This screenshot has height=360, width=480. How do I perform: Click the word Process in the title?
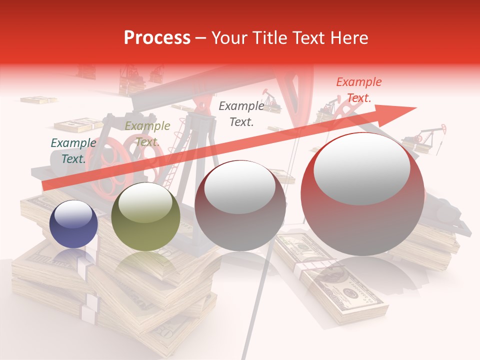point(157,38)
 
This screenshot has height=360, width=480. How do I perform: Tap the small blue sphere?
point(73,224)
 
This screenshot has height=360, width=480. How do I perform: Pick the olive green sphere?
point(145,216)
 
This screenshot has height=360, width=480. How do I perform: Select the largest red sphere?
point(362,194)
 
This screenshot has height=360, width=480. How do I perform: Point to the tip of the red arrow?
point(415,108)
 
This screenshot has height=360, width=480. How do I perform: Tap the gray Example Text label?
point(241,113)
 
